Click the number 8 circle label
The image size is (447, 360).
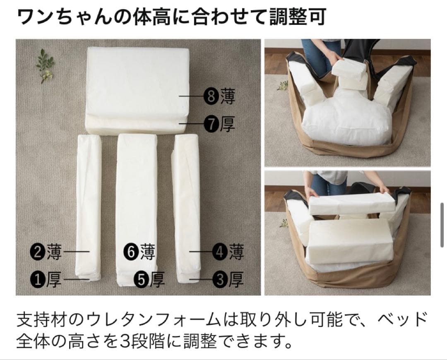tap(211, 97)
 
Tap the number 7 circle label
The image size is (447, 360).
tap(211, 124)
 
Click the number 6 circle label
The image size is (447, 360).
tap(131, 252)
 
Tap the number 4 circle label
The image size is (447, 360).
tap(219, 252)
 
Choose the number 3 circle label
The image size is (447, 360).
tap(219, 280)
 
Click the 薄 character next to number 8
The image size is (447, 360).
tap(227, 97)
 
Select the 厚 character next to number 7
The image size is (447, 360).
tap(227, 124)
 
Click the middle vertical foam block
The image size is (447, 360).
tap(137, 207)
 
